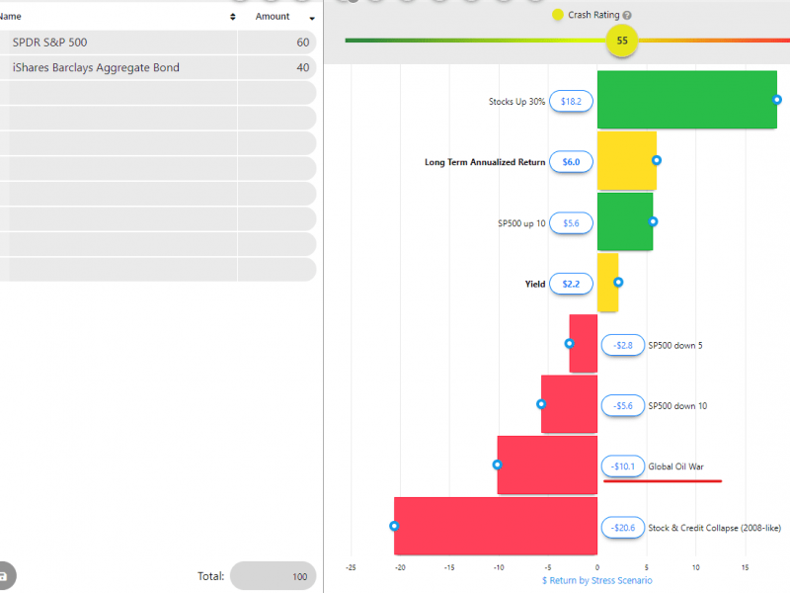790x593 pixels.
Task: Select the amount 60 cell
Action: (x=276, y=42)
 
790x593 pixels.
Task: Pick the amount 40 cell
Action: (x=276, y=68)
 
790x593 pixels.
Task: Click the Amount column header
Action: (x=273, y=17)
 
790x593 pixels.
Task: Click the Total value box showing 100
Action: (x=273, y=576)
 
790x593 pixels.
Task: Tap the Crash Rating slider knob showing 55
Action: (x=622, y=41)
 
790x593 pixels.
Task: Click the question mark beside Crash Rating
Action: (x=627, y=16)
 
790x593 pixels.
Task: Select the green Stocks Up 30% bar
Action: (x=686, y=100)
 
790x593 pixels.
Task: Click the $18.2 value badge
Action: (x=571, y=101)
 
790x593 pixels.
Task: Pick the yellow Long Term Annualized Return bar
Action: (x=627, y=161)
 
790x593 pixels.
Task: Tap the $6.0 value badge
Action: (x=571, y=161)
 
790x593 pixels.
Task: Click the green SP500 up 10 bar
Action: (x=625, y=221)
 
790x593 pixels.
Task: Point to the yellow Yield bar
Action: (x=608, y=283)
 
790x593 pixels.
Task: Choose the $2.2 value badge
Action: (x=571, y=284)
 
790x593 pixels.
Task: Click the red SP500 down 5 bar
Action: (x=584, y=344)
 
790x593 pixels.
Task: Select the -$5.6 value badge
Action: (x=623, y=405)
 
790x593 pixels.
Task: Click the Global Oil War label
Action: (x=675, y=466)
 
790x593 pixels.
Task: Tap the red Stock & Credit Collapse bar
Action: (x=496, y=527)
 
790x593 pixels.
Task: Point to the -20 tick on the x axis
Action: (x=400, y=567)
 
